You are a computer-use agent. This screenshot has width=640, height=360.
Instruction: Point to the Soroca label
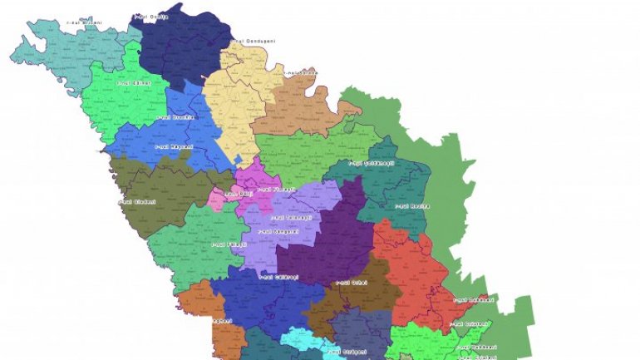pos(300,73)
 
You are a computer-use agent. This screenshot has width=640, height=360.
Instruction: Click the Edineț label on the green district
pos(133,83)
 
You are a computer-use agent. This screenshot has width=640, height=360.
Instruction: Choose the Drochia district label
pos(175,118)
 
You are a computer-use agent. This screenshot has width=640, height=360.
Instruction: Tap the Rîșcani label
pos(174,146)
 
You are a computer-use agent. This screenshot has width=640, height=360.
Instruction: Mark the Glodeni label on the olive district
pos(137,200)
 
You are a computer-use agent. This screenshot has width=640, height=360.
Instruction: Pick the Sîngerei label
pos(278,231)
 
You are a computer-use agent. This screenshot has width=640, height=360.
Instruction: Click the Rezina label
pos(411,205)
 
